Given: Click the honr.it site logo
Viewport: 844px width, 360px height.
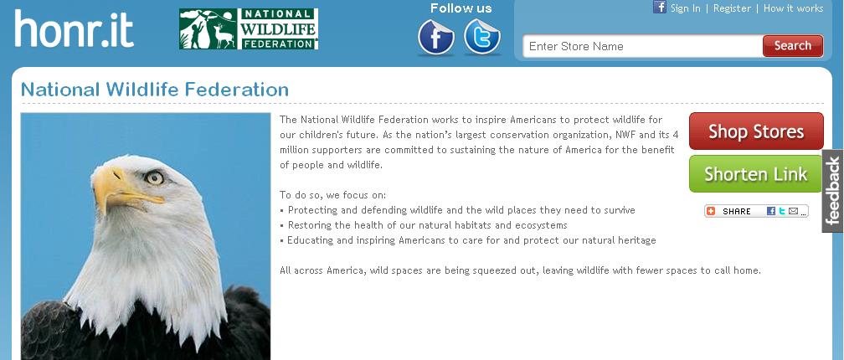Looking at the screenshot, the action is (75, 28).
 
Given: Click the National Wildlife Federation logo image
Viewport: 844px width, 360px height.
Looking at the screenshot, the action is (249, 29).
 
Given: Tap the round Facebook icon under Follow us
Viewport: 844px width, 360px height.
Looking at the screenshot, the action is (436, 37).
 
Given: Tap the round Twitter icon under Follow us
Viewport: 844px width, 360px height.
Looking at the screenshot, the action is (482, 37).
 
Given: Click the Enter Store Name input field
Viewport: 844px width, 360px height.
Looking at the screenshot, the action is (643, 46).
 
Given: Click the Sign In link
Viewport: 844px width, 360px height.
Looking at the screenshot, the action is (685, 8).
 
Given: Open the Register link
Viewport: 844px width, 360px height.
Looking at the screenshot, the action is (732, 8).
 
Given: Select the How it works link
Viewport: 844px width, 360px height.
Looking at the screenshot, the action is (794, 8).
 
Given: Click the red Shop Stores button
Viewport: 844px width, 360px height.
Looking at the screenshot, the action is (756, 131).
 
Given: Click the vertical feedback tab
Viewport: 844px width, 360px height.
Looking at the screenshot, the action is (832, 191).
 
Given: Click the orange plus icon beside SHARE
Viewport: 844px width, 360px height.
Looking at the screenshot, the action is (711, 211).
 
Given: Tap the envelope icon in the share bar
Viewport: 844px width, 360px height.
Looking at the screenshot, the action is (794, 211).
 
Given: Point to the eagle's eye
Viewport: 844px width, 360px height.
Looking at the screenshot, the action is (154, 177).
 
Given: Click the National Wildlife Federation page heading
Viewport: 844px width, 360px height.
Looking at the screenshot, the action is (155, 90).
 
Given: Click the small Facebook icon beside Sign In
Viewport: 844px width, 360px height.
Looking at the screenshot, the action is (660, 7).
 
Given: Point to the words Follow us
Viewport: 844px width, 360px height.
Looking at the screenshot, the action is (461, 8).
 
